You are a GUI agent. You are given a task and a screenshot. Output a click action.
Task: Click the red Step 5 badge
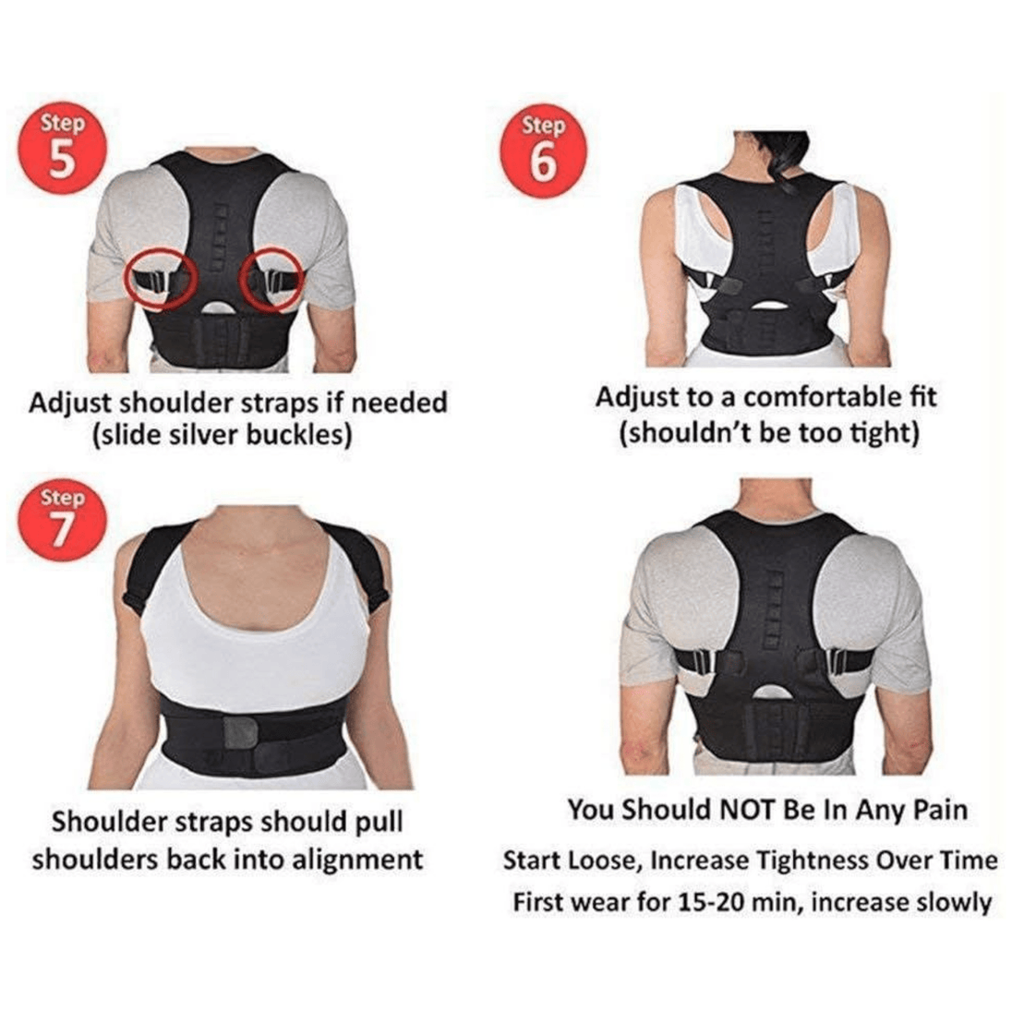pos(63,150)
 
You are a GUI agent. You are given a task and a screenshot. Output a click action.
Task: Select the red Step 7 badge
pos(63,520)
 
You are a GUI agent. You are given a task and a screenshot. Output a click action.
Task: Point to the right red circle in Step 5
pos(271,280)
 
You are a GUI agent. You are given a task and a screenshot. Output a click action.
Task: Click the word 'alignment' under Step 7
pos(357,861)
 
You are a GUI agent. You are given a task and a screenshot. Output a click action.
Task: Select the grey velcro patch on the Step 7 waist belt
pos(241,733)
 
